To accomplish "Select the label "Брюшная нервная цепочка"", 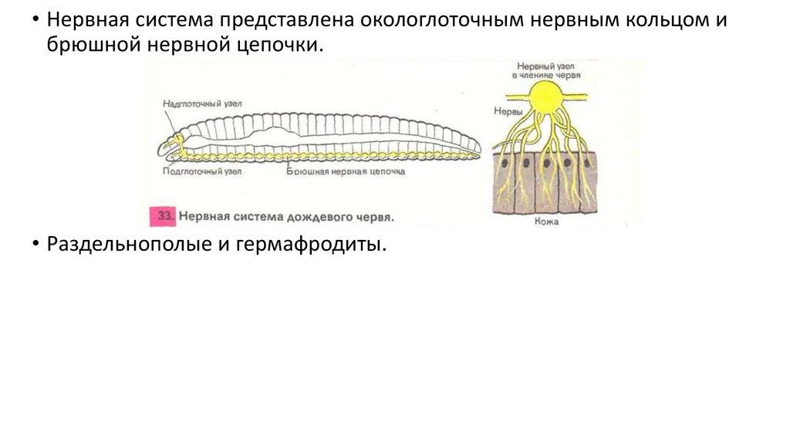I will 345,171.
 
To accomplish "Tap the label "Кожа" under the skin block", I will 545,221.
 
